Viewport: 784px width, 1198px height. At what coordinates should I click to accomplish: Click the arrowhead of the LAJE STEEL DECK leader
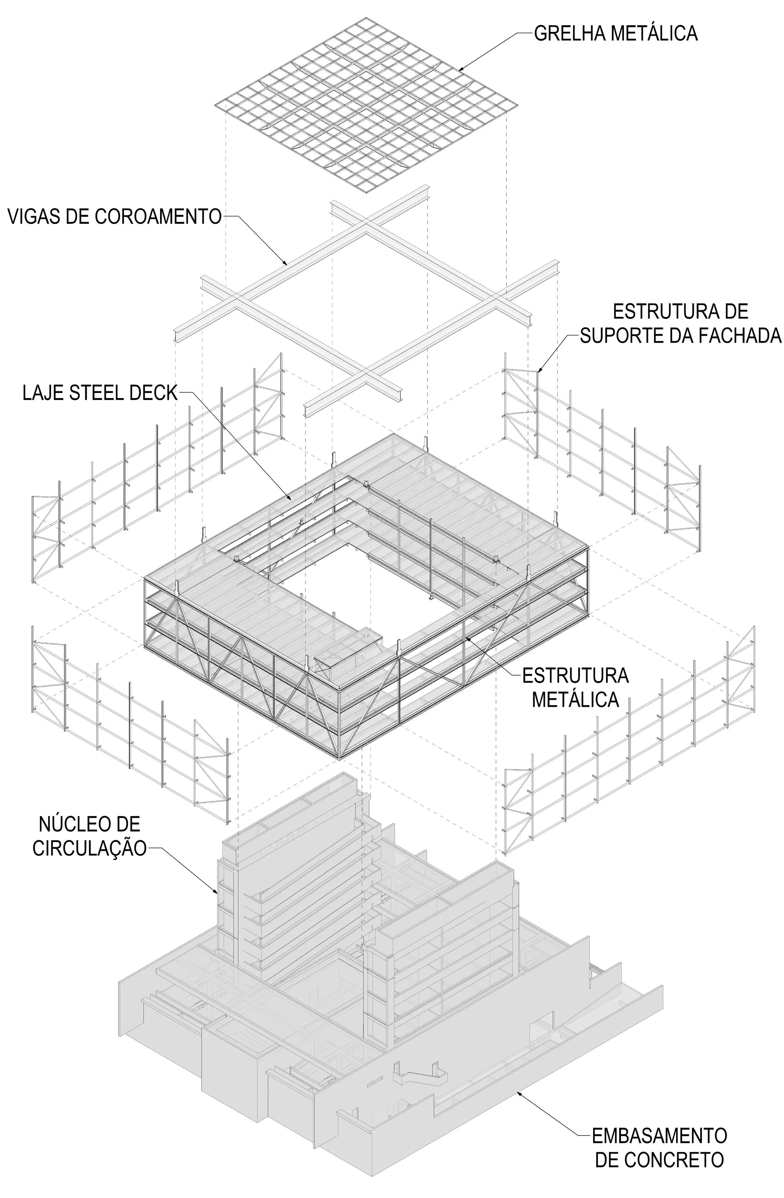pyautogui.click(x=290, y=499)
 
